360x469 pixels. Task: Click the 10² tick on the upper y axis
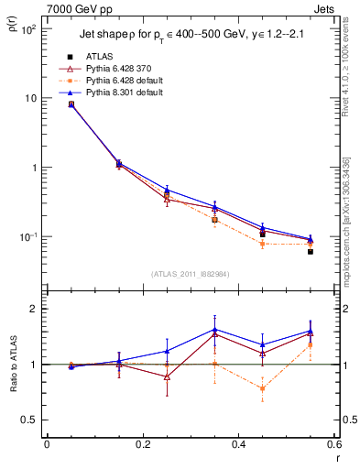28,29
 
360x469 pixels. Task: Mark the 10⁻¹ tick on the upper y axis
28,236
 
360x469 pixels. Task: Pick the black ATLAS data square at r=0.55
311,251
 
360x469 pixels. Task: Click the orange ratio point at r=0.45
263,388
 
